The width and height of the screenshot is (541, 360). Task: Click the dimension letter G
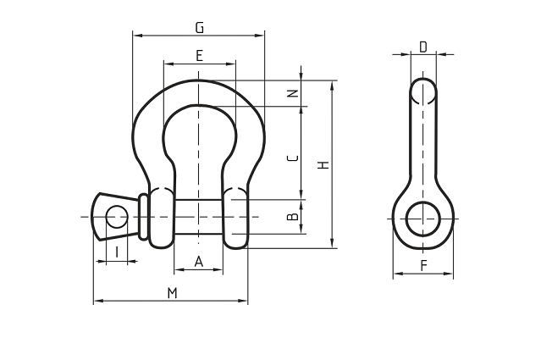(x=199, y=27)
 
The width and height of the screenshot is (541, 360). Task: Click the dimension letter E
(x=199, y=56)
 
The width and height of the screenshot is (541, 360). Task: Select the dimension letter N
(x=292, y=93)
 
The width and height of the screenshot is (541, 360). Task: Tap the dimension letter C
(x=292, y=158)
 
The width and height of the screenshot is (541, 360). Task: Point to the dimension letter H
(x=323, y=165)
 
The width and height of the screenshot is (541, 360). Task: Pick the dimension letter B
(x=292, y=218)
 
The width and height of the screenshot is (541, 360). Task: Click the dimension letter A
(x=199, y=262)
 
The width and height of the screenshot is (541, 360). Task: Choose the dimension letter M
(x=172, y=292)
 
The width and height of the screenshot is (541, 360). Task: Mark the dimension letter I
(x=116, y=252)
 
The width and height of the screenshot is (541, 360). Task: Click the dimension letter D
(x=423, y=47)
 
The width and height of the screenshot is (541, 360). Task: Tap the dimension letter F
(x=423, y=266)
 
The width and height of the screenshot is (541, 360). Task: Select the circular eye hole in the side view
(x=423, y=218)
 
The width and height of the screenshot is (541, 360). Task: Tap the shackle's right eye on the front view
(x=237, y=219)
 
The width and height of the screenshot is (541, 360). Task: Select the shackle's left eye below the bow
(x=162, y=219)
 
